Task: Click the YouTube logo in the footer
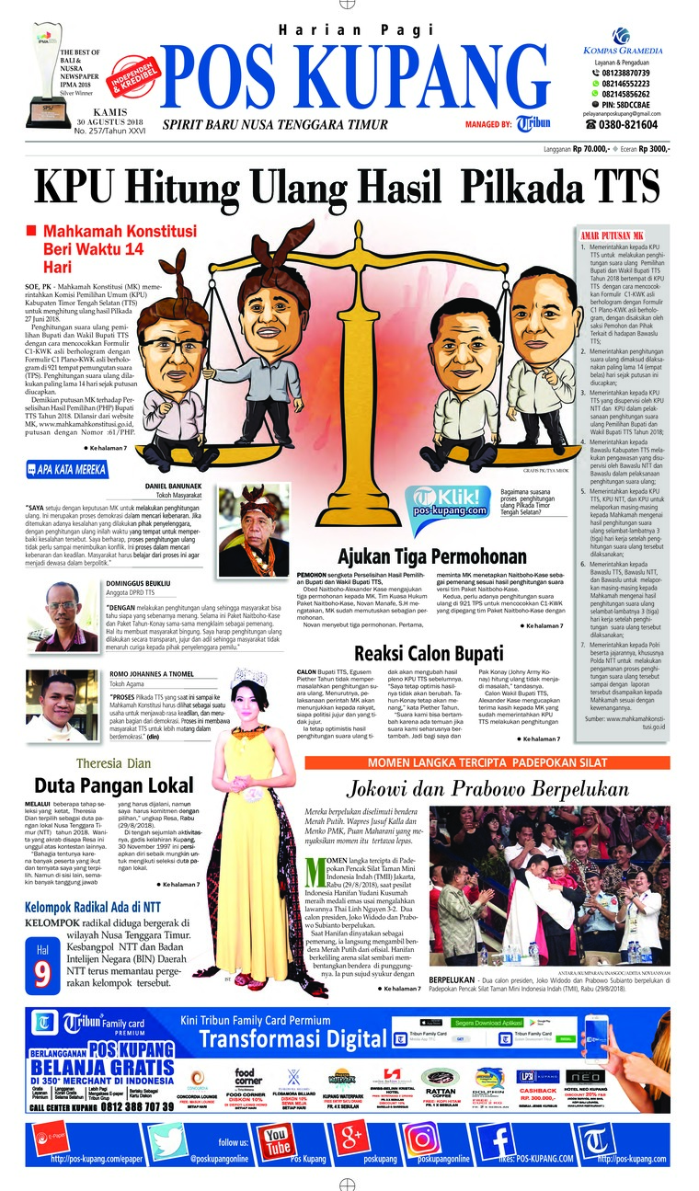pyautogui.click(x=277, y=1140)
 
